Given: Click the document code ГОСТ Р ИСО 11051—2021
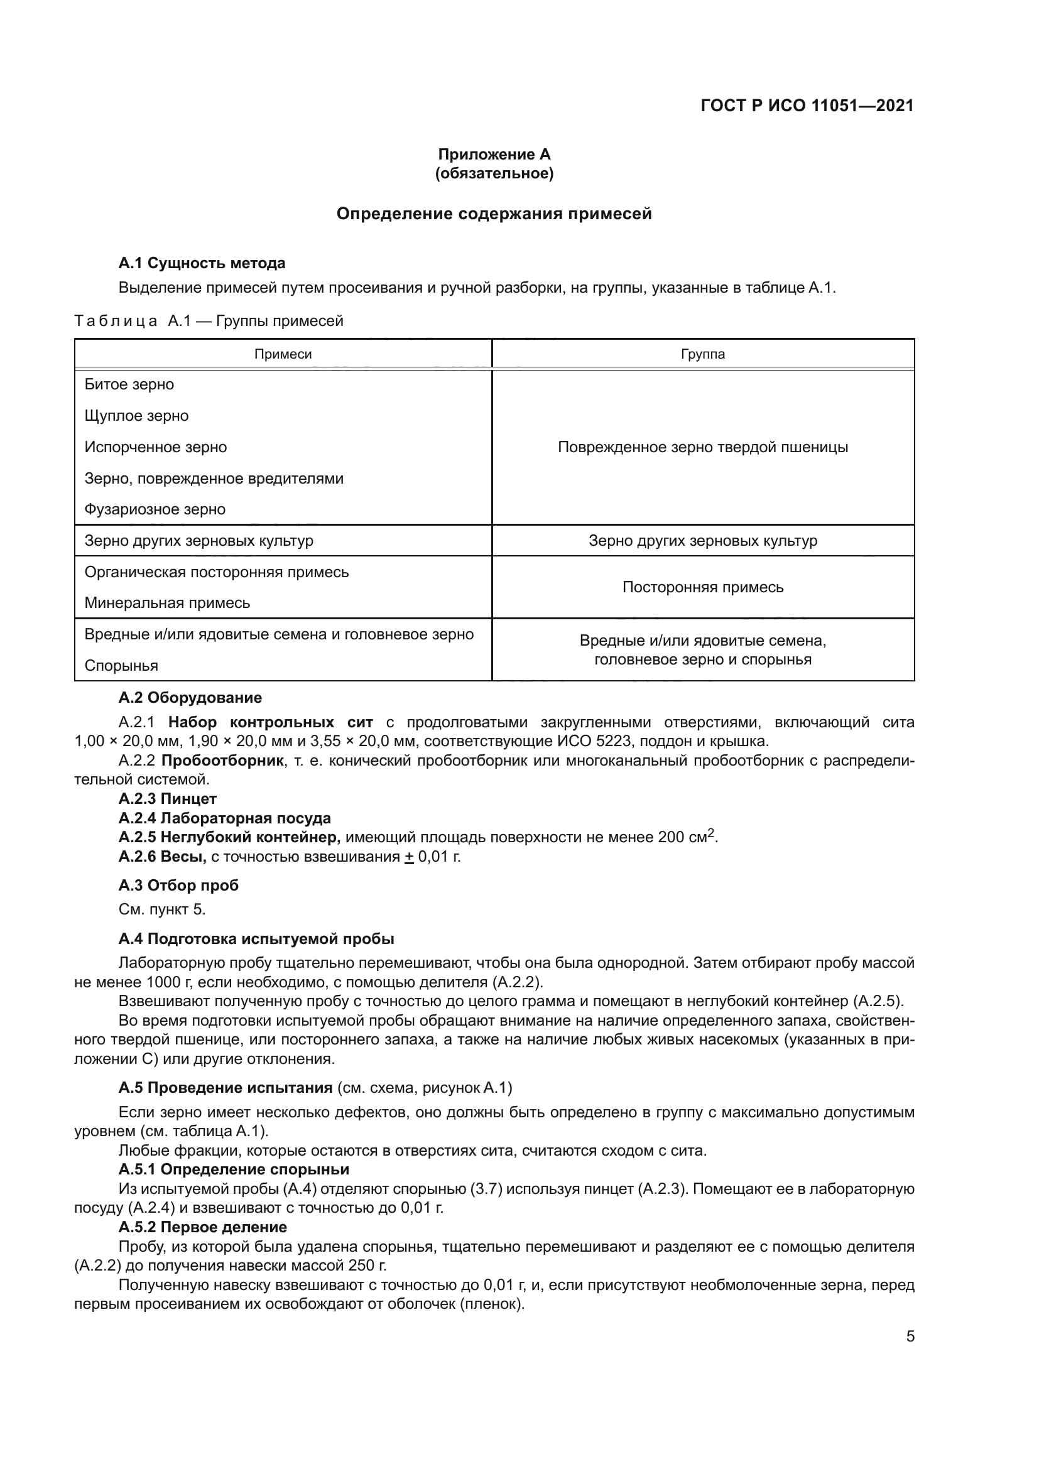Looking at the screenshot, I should [x=807, y=106].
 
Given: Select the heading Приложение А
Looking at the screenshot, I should [x=494, y=154].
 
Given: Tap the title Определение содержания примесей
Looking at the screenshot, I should [x=494, y=214].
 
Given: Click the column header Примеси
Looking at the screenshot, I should [x=283, y=354].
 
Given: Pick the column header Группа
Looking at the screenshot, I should [x=702, y=354].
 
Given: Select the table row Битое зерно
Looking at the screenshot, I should [x=129, y=384].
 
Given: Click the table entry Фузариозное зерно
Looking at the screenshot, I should [x=155, y=509].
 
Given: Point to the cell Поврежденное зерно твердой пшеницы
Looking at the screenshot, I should [x=702, y=447].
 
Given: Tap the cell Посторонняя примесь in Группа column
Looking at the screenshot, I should [x=702, y=587].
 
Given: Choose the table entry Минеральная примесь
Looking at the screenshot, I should [x=167, y=603].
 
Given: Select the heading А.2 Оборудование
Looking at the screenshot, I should [x=190, y=697].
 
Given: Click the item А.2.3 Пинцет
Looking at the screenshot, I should [x=168, y=798].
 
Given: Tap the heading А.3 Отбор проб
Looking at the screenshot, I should [x=178, y=886].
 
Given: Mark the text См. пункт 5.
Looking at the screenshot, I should [x=162, y=909].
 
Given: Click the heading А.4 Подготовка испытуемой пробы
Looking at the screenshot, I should [x=256, y=938].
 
